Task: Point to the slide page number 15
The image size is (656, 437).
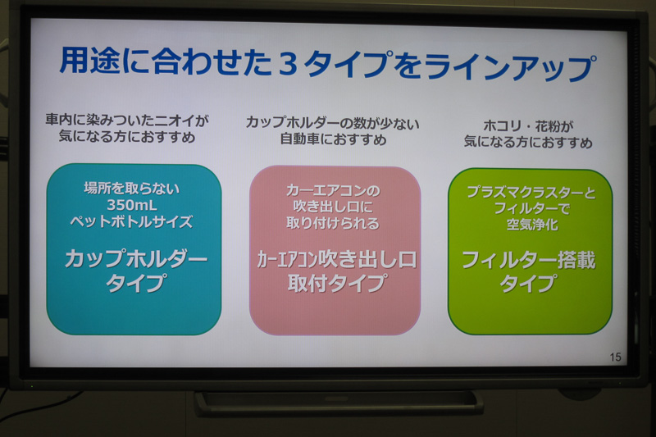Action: pyautogui.click(x=616, y=357)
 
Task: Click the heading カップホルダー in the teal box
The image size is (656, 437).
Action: pyautogui.click(x=134, y=259)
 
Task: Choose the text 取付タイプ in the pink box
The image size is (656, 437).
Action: pyautogui.click(x=336, y=284)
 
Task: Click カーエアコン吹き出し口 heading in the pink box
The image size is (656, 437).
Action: pyautogui.click(x=335, y=260)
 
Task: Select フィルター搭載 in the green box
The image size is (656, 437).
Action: pyautogui.click(x=528, y=261)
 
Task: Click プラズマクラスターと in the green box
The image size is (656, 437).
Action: pyautogui.click(x=531, y=192)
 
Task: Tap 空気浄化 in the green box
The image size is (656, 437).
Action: pyautogui.click(x=530, y=225)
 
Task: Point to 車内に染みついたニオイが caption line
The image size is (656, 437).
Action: pyautogui.click(x=127, y=120)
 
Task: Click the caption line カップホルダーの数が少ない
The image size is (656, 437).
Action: pyautogui.click(x=333, y=122)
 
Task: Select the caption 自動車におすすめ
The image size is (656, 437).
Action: pyautogui.click(x=333, y=139)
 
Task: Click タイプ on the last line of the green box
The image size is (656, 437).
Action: pyautogui.click(x=529, y=285)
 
